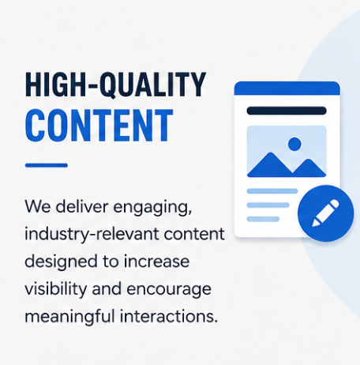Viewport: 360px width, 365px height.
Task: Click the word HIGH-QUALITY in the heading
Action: point(115,85)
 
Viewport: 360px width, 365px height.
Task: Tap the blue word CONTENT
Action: point(99,126)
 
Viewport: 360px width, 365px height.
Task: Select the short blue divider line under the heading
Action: point(47,165)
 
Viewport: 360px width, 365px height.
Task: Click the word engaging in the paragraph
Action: point(152,208)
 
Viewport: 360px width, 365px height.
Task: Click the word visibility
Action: point(55,289)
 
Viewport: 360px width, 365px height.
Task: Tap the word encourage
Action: point(169,290)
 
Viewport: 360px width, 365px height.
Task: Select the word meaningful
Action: point(69,317)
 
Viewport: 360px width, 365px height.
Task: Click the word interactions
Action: point(169,316)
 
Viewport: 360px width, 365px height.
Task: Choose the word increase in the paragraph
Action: point(156,262)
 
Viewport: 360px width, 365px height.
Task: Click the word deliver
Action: point(82,206)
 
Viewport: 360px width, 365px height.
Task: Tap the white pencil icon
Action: point(325,213)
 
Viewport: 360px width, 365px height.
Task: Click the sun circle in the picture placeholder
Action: point(294,144)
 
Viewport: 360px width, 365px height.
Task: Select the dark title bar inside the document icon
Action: point(287,111)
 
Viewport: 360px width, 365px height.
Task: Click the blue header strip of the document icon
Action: point(287,88)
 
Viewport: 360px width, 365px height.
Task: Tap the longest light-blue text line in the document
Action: point(272,191)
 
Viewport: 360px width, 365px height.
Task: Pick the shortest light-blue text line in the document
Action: point(263,219)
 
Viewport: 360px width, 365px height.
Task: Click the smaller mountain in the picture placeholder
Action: point(309,168)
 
